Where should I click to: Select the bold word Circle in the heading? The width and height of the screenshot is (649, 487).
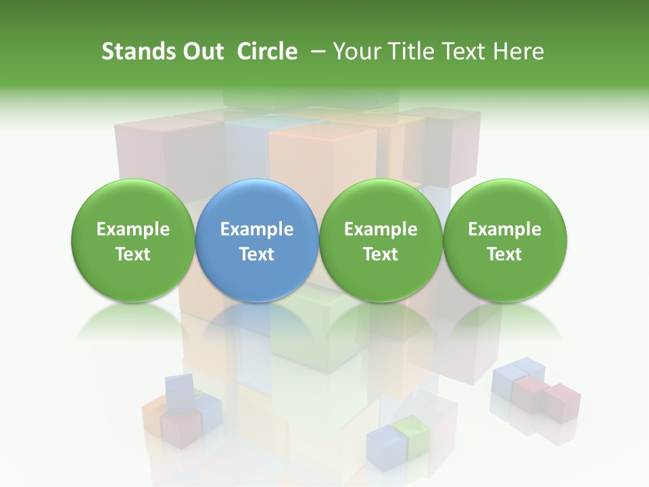[267, 51]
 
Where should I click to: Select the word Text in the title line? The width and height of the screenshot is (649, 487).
[466, 51]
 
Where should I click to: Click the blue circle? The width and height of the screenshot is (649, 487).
[257, 240]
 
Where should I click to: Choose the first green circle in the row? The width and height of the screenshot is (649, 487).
[133, 240]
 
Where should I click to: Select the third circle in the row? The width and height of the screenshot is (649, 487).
[381, 240]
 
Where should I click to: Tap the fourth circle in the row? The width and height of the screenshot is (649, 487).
[504, 240]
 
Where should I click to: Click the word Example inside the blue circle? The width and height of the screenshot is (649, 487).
[257, 229]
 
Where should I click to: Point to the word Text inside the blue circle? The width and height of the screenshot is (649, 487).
[257, 254]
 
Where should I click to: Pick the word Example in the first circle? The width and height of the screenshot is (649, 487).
[133, 229]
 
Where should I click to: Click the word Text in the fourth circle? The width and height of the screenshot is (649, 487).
[504, 254]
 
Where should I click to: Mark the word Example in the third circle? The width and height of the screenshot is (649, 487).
[381, 229]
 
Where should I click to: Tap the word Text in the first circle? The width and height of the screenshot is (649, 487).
[133, 254]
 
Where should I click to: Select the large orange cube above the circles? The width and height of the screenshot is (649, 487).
[323, 159]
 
